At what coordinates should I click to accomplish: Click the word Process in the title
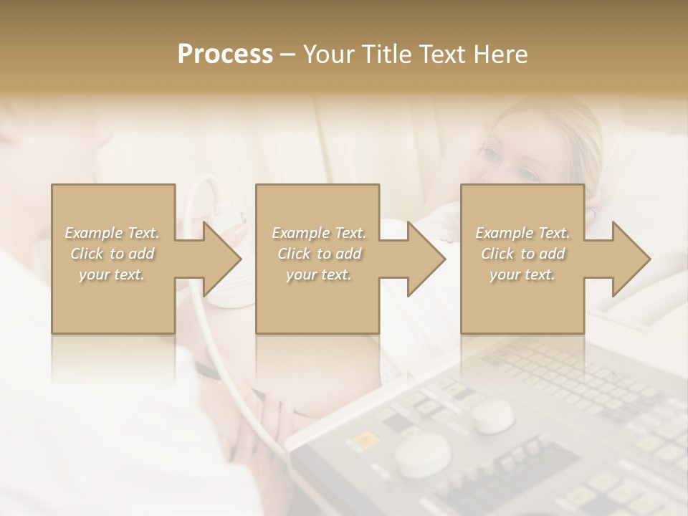coord(225,54)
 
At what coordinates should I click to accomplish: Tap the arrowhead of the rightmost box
coord(631,259)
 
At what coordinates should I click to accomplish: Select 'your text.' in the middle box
coord(319,274)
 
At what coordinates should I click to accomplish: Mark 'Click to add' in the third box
coord(522,254)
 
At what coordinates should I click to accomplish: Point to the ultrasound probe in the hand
coord(229,214)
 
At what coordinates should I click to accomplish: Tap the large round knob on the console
coord(423,455)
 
